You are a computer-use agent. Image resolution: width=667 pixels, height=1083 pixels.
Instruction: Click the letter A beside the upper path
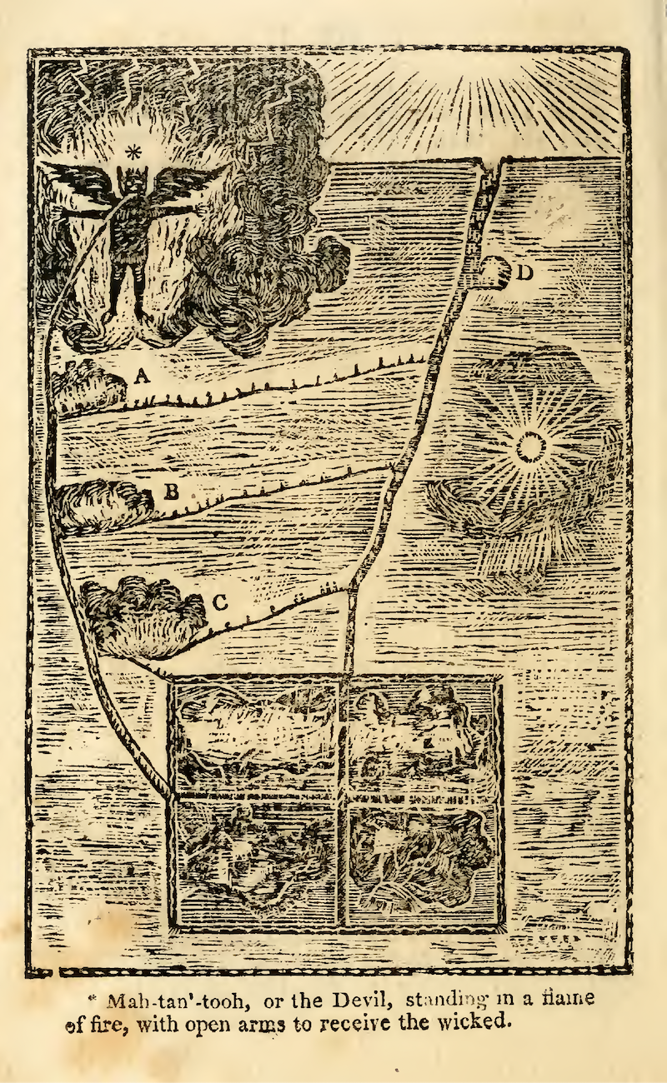coord(142,377)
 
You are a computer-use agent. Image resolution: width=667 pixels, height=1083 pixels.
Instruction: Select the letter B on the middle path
coord(171,491)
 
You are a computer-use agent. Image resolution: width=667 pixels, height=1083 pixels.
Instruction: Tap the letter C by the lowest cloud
coord(221,602)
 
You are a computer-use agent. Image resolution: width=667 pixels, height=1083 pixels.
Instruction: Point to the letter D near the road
coord(524,272)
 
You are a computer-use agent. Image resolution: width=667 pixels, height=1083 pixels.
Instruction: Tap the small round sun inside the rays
coord(529,449)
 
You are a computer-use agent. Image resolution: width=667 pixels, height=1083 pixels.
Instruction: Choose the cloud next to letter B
coord(100,505)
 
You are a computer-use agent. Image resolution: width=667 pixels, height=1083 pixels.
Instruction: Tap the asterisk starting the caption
coord(95,994)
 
